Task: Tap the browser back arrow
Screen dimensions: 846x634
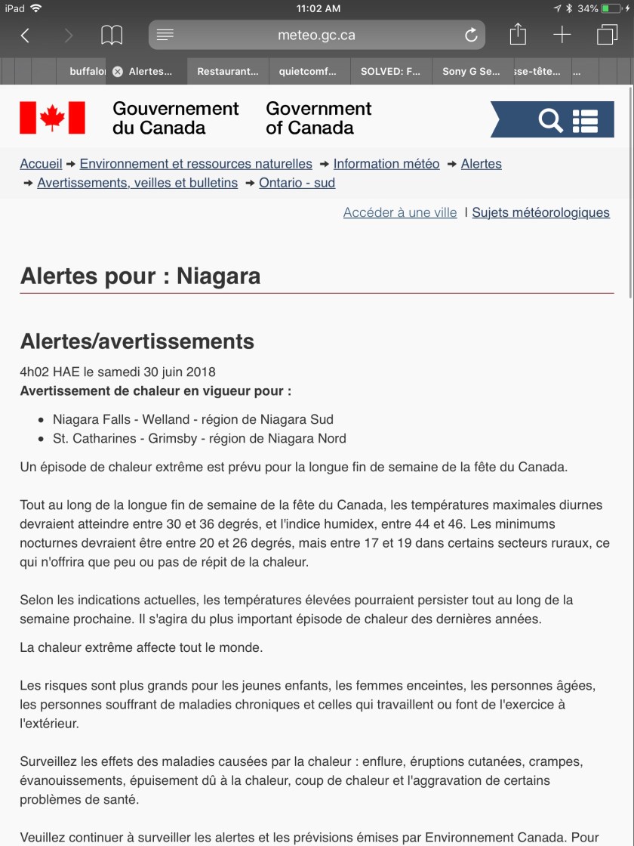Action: [25, 36]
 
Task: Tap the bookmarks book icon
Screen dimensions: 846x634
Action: [112, 36]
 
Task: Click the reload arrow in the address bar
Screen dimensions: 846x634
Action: [471, 36]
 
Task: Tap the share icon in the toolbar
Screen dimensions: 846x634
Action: [517, 35]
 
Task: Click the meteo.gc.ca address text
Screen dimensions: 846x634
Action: [316, 36]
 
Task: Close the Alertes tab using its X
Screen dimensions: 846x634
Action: [117, 72]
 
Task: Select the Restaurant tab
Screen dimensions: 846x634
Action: [227, 72]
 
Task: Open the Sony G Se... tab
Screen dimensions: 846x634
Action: [471, 72]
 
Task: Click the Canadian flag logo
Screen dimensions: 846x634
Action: [52, 118]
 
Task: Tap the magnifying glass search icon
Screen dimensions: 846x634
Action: [550, 120]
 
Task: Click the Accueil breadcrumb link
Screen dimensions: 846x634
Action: [41, 164]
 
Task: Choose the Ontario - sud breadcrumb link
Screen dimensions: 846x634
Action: [297, 183]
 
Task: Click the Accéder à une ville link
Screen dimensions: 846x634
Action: [400, 213]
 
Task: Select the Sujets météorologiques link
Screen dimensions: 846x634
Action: [540, 213]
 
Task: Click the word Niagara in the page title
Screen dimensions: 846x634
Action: [218, 276]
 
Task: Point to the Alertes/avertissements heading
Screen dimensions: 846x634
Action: [137, 341]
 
